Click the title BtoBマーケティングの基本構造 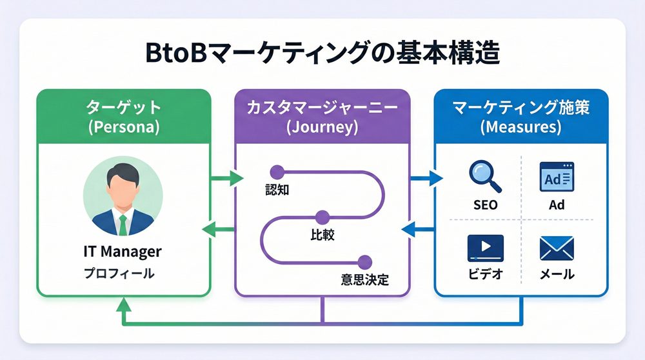pyautogui.click(x=322, y=53)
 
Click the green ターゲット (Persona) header pyautogui.click(x=123, y=116)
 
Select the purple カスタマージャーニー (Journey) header pyautogui.click(x=321, y=116)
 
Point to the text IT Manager pyautogui.click(x=123, y=252)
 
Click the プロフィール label pyautogui.click(x=119, y=274)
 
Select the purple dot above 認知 pyautogui.click(x=277, y=172)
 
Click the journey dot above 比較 pyautogui.click(x=322, y=217)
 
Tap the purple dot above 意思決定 pyautogui.click(x=365, y=261)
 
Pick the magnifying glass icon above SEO pyautogui.click(x=484, y=176)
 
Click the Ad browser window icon pyautogui.click(x=557, y=177)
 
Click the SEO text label pyautogui.click(x=484, y=205)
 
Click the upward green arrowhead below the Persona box pyautogui.click(x=123, y=305)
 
